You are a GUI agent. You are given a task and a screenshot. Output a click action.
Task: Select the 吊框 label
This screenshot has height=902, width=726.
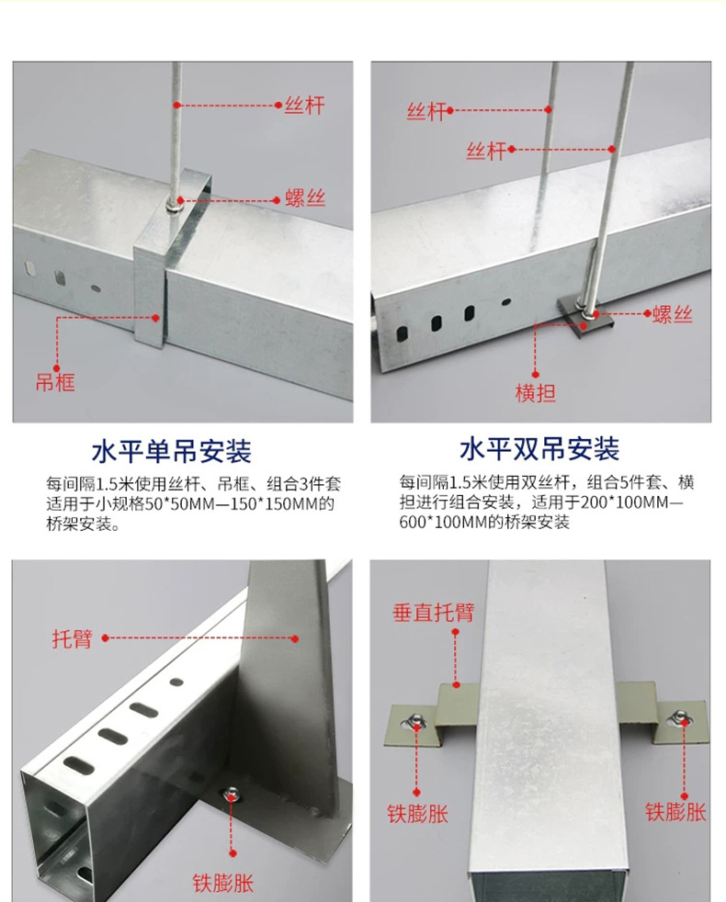[55, 382]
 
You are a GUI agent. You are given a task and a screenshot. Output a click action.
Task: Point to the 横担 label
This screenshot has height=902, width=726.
[535, 394]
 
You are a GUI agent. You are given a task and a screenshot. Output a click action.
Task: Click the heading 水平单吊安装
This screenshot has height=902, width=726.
[172, 451]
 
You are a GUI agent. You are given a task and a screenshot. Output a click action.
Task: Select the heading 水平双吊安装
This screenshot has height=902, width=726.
[539, 449]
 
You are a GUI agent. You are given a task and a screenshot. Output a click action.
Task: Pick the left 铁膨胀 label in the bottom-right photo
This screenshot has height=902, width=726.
[417, 813]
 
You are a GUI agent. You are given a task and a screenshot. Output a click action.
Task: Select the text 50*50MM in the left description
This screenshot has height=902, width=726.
[189, 504]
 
